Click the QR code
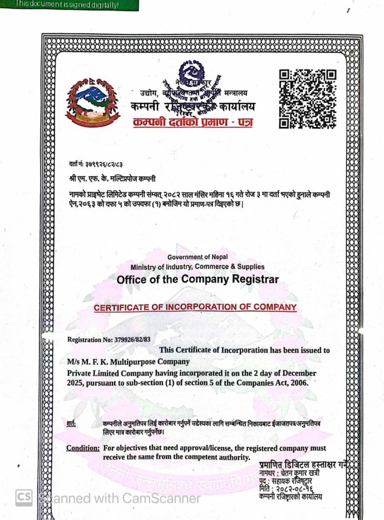point(307,98)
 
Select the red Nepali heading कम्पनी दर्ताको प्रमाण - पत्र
point(193,121)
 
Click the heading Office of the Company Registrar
point(198,279)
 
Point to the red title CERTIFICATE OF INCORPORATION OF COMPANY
point(195,307)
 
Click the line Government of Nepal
point(197,257)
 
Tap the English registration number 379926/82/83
point(127,340)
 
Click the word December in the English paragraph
point(295,373)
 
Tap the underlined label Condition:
point(83,448)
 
